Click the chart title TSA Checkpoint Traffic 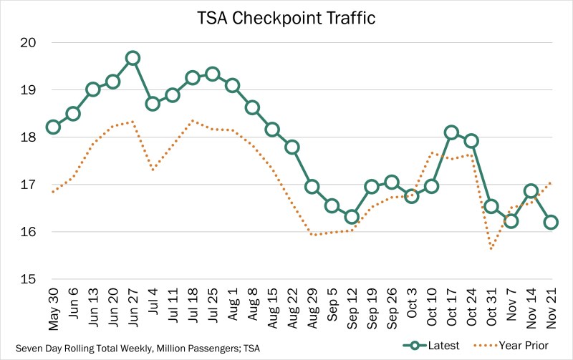pos(286,17)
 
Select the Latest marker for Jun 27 pos(133,58)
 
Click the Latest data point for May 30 pos(53,127)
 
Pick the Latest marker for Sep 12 pos(351,216)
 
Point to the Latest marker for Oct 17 pos(451,132)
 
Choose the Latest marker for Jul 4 pos(153,103)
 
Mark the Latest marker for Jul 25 pos(212,74)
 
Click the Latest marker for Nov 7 pos(510,220)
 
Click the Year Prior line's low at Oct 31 pos(491,249)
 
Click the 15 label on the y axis pos(28,279)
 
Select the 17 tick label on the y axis pos(28,185)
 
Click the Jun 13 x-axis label pos(93,310)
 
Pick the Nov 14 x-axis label pos(530,310)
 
